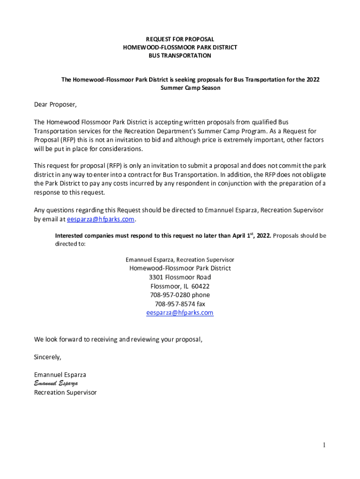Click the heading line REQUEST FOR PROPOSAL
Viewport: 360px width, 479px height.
180,39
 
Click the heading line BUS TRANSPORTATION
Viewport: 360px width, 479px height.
180,56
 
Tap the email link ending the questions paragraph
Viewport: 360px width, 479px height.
101,219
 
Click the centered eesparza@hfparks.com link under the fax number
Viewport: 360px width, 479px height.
180,312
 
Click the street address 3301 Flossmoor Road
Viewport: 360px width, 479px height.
180,277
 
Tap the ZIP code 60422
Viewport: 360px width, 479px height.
200,286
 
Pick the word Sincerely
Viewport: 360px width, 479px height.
47,357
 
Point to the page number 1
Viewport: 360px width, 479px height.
323,445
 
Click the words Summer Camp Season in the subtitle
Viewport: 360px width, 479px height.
190,88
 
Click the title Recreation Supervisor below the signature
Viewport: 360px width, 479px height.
65,392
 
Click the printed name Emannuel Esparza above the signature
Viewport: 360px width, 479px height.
60,375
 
